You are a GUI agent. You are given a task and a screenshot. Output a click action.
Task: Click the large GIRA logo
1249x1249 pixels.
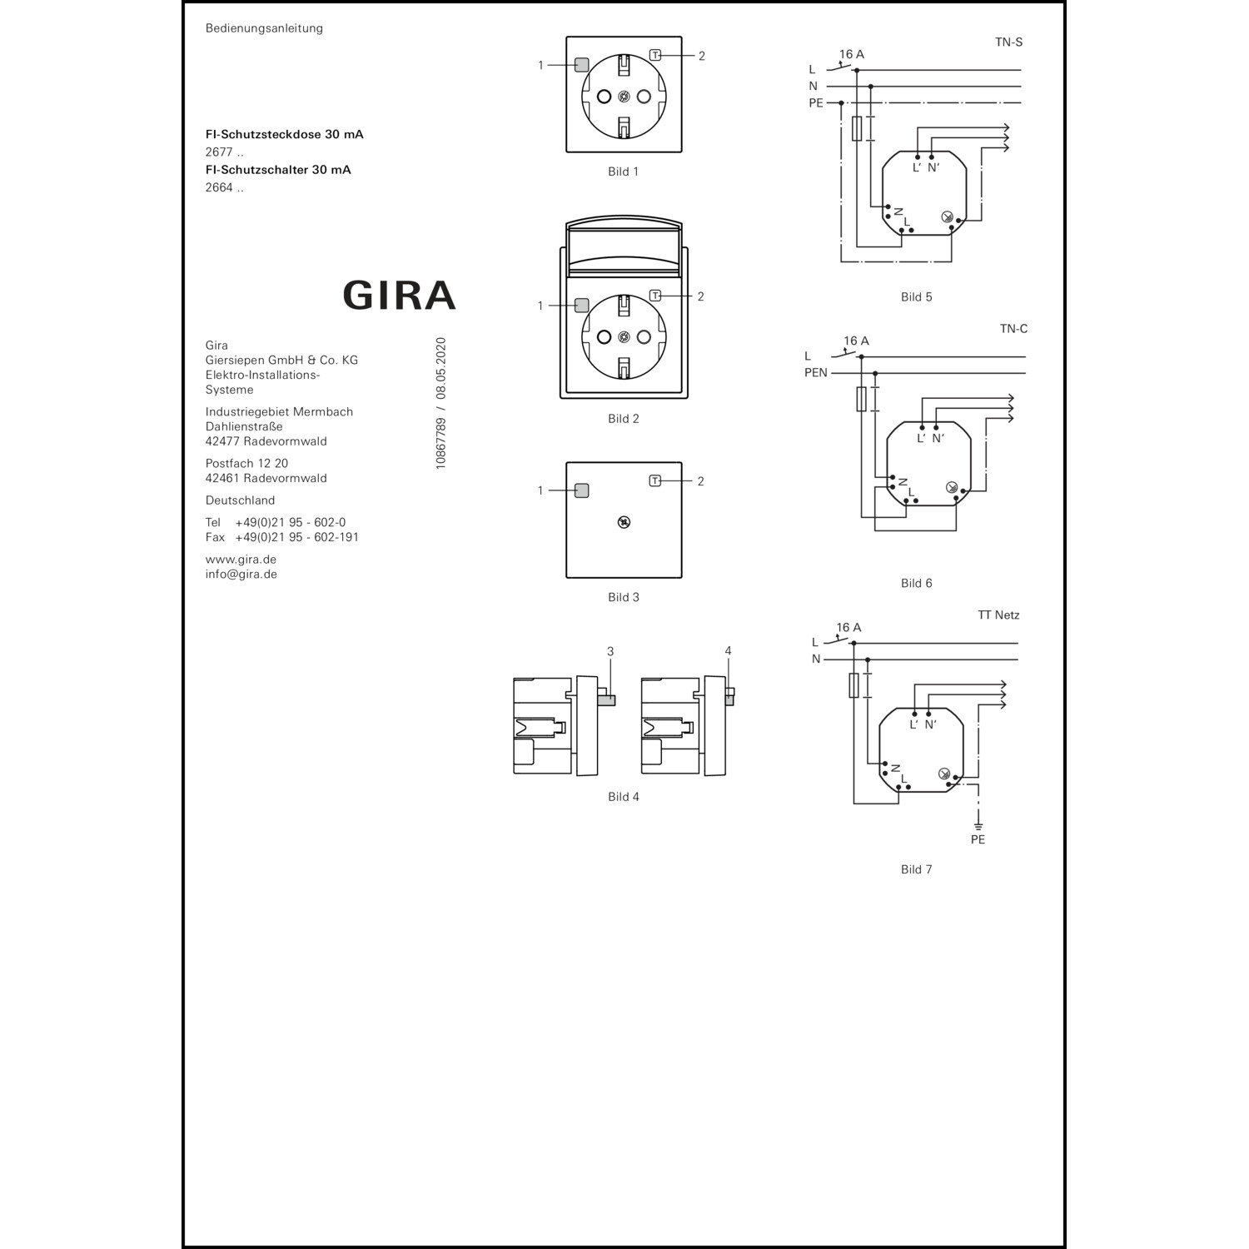click(x=399, y=295)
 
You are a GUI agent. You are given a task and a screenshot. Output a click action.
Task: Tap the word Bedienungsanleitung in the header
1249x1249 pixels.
click(x=264, y=28)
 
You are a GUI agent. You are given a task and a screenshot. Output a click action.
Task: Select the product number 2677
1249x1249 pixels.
click(x=219, y=152)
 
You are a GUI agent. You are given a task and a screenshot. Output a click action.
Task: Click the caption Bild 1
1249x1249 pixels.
click(x=623, y=172)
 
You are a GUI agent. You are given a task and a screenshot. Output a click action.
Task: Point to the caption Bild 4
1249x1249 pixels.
click(x=624, y=797)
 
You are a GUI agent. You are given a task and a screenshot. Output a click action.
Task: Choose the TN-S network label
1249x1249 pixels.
click(x=1008, y=42)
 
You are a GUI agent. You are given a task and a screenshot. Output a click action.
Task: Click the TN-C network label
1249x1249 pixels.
click(x=1013, y=329)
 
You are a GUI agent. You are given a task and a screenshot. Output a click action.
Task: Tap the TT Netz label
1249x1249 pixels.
click(x=998, y=615)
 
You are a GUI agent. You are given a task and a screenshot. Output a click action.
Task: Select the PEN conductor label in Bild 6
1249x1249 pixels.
click(x=816, y=373)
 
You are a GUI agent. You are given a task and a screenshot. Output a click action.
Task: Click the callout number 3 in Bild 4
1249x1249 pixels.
click(x=610, y=651)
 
